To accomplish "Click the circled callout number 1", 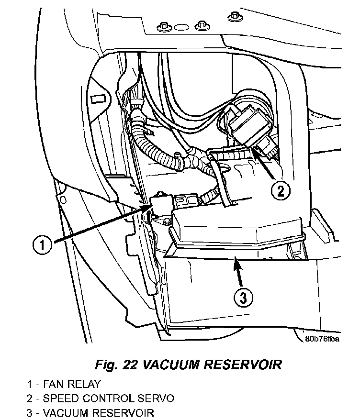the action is coord(42,245).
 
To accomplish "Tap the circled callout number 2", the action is coord(281,191).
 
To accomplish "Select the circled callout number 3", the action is coord(243,298).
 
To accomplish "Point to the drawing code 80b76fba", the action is coord(322,339).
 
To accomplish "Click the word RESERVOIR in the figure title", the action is coord(243,365).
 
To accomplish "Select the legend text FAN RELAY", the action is coord(72,384).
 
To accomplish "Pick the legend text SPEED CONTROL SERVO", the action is coord(109,398).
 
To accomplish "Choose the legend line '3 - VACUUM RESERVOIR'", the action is coord(90,413).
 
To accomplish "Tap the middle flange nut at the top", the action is coord(202,26).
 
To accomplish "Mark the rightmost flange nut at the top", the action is coord(235,17).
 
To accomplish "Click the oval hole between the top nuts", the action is coord(181,27).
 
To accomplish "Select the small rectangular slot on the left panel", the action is coord(98,99).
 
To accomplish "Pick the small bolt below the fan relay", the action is coord(167,221).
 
